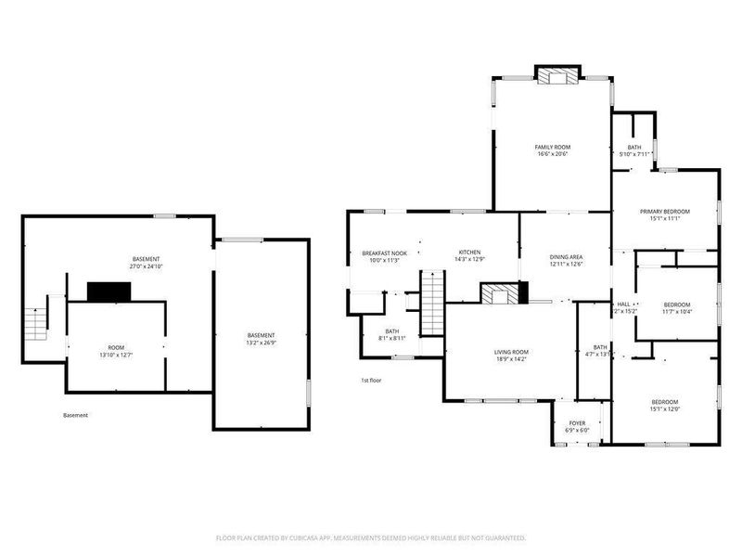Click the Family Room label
[x=552, y=147]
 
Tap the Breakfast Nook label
[x=385, y=253]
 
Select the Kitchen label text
[x=470, y=253]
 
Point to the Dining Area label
[x=566, y=257]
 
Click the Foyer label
[x=577, y=423]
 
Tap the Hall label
[x=624, y=304]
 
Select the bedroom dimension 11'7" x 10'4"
[x=676, y=312]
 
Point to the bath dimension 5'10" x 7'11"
[x=633, y=154]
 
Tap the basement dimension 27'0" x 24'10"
[x=147, y=266]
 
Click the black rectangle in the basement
[x=109, y=291]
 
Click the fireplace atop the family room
[x=558, y=77]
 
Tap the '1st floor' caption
[x=371, y=381]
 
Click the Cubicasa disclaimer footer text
[x=371, y=538]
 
